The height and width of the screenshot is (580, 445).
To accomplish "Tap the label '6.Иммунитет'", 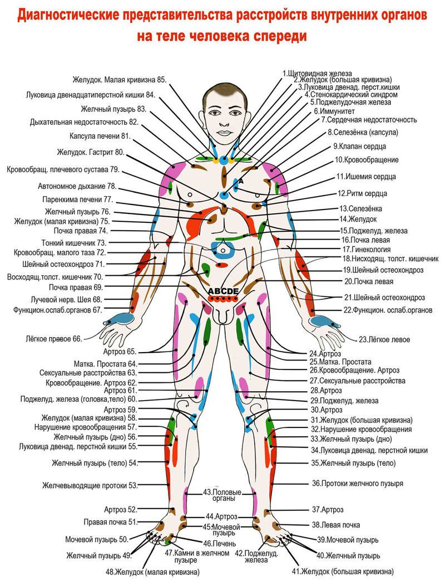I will pyautogui.click(x=333, y=111).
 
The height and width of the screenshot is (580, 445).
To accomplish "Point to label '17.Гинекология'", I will pyautogui.click(x=367, y=249).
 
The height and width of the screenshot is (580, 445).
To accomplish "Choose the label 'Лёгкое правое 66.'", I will pyautogui.click(x=54, y=338).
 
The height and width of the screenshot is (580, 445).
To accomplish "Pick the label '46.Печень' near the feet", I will pyautogui.click(x=220, y=543).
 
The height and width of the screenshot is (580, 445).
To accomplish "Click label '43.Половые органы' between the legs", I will pyautogui.click(x=222, y=495).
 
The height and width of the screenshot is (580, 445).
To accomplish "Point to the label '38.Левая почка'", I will pyautogui.click(x=335, y=525).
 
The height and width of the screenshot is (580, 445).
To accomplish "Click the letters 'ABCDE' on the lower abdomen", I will pyautogui.click(x=223, y=291).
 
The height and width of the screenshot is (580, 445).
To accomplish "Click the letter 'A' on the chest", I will pyautogui.click(x=242, y=182).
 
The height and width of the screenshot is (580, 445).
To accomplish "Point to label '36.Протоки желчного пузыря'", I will pyautogui.click(x=357, y=484).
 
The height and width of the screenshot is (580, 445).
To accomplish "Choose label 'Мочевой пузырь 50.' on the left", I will pyautogui.click(x=96, y=539).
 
